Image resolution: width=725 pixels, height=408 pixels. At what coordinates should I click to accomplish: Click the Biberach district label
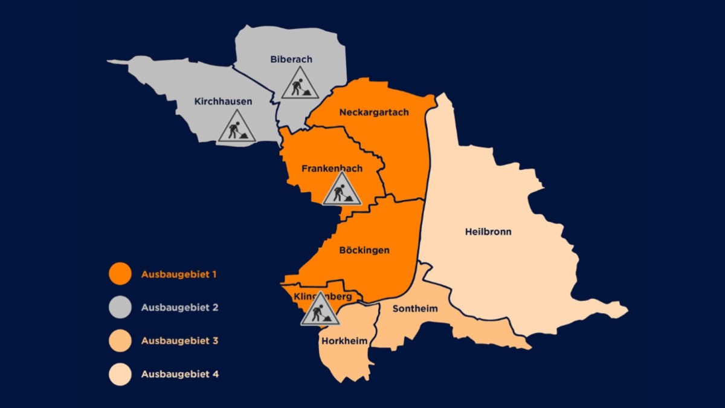pyautogui.click(x=291, y=59)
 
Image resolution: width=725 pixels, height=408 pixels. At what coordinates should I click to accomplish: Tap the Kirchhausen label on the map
pyautogui.click(x=223, y=102)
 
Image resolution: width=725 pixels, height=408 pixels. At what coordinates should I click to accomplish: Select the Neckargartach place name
pyautogui.click(x=374, y=112)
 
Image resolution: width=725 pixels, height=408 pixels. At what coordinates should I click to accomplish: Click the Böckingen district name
pyautogui.click(x=364, y=250)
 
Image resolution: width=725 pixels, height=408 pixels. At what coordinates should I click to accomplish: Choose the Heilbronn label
pyautogui.click(x=488, y=232)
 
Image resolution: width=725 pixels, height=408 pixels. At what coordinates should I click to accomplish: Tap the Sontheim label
pyautogui.click(x=415, y=309)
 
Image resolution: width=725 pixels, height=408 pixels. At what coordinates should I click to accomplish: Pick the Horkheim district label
pyautogui.click(x=344, y=341)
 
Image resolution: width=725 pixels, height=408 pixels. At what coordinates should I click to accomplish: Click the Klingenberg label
pyautogui.click(x=323, y=297)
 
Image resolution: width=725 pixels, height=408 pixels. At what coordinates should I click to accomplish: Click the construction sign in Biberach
pyautogui.click(x=300, y=83)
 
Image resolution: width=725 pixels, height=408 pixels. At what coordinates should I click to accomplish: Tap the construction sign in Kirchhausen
pyautogui.click(x=237, y=127)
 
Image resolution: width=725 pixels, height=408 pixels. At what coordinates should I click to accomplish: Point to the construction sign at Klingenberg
pyautogui.click(x=320, y=310)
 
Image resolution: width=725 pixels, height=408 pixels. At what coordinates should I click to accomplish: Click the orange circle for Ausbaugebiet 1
pyautogui.click(x=120, y=274)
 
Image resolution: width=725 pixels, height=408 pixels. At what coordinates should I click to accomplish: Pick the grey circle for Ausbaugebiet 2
pyautogui.click(x=120, y=307)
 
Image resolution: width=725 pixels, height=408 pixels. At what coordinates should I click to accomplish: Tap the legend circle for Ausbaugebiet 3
pyautogui.click(x=120, y=341)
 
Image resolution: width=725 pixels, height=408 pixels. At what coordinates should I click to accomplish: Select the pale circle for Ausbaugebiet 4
pyautogui.click(x=120, y=374)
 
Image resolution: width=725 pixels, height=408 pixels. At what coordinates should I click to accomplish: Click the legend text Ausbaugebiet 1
pyautogui.click(x=179, y=274)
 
